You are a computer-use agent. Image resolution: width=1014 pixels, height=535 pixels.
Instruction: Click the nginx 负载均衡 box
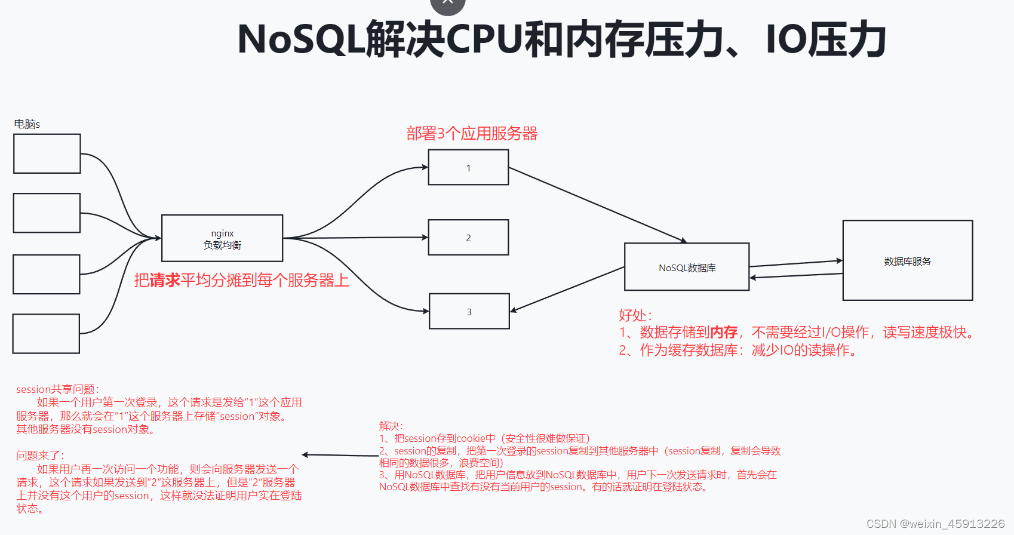point(222,238)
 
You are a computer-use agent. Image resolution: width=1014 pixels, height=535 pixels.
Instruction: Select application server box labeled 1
point(468,167)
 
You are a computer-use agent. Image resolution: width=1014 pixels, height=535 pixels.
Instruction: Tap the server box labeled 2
point(468,237)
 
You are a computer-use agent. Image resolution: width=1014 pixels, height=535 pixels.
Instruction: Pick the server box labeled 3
point(469,311)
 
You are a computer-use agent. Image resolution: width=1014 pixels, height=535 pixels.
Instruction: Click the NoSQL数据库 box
point(687,267)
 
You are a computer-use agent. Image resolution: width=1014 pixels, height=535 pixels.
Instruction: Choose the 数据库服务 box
point(907,260)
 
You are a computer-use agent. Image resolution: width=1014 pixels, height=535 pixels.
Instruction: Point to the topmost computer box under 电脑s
point(47,153)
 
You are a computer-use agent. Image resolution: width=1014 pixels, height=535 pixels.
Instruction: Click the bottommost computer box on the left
point(47,333)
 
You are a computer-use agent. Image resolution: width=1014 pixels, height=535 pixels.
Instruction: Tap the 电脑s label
point(27,124)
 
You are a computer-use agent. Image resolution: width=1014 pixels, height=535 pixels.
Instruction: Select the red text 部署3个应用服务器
point(472,133)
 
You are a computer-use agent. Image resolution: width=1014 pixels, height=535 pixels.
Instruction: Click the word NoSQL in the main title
point(301,39)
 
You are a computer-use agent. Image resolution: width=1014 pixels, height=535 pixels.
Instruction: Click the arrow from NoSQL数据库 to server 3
point(567,289)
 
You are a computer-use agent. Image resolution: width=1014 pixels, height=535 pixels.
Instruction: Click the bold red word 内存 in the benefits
point(723,333)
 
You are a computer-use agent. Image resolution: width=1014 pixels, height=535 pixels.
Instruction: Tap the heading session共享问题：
point(57,389)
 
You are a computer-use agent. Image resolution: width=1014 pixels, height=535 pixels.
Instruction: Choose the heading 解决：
point(391,426)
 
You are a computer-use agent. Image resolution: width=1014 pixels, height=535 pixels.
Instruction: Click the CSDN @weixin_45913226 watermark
point(935,524)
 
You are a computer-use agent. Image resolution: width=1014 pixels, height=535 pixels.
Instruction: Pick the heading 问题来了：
point(40,456)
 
